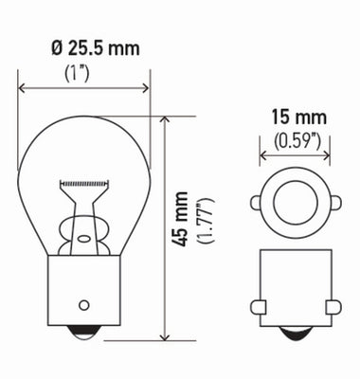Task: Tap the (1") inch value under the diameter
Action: pyautogui.click(x=84, y=71)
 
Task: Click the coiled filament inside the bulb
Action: pyautogui.click(x=84, y=181)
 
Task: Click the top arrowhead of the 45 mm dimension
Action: pyautogui.click(x=164, y=121)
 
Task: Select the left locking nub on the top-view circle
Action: pyautogui.click(x=257, y=202)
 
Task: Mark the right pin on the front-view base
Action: pyautogui.click(x=332, y=306)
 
